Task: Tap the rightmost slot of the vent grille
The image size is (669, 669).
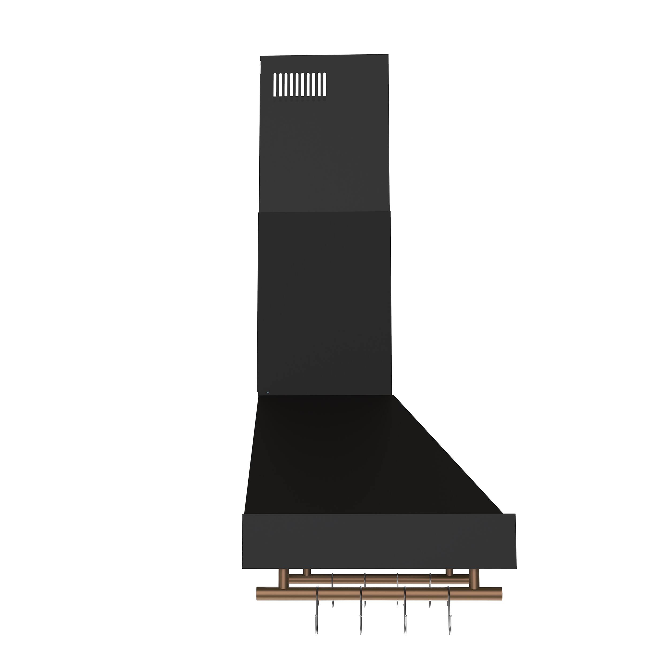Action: [324, 85]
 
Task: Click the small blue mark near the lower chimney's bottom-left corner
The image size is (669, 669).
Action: [269, 392]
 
